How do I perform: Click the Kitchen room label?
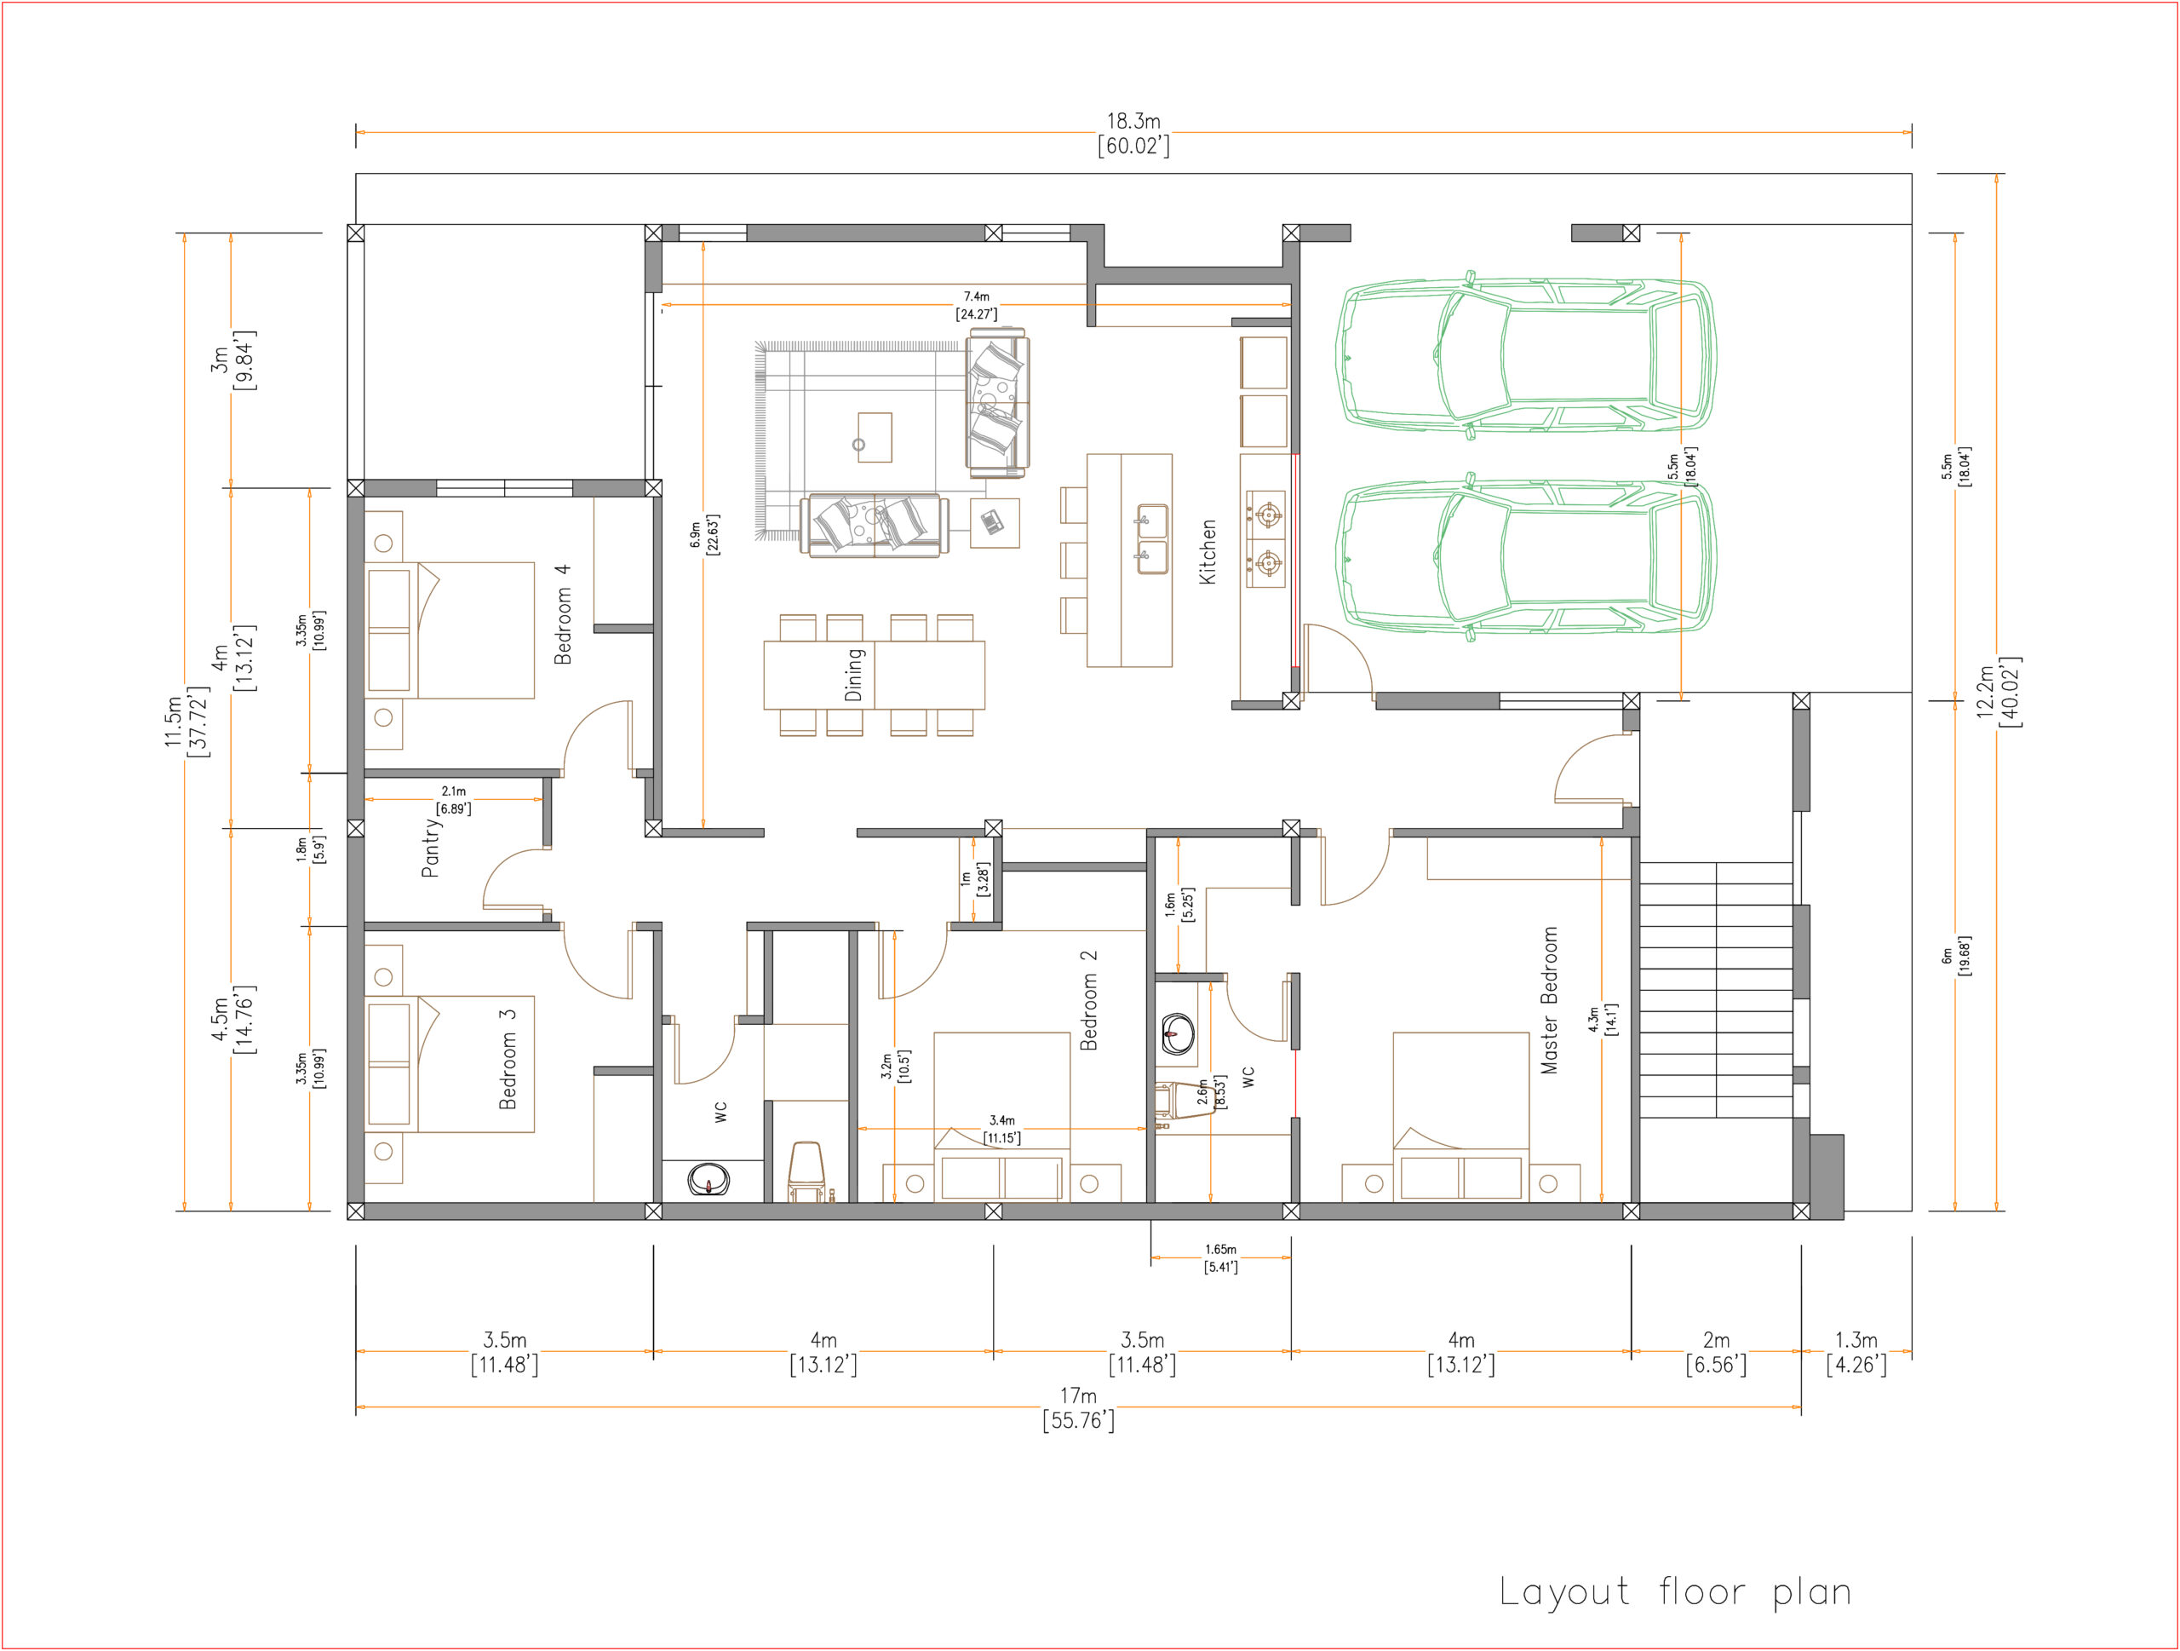point(1208,552)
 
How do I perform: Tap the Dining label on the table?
point(853,674)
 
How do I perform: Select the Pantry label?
point(431,848)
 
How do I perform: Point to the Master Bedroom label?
point(1549,999)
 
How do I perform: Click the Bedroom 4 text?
point(562,614)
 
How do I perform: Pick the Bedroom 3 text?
point(508,1059)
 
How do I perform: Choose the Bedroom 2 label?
point(1088,1000)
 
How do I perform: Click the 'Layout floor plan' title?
point(1674,1592)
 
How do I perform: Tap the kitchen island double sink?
point(1152,539)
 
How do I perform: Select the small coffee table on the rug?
point(875,438)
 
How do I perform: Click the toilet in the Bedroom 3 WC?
point(806,1172)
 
